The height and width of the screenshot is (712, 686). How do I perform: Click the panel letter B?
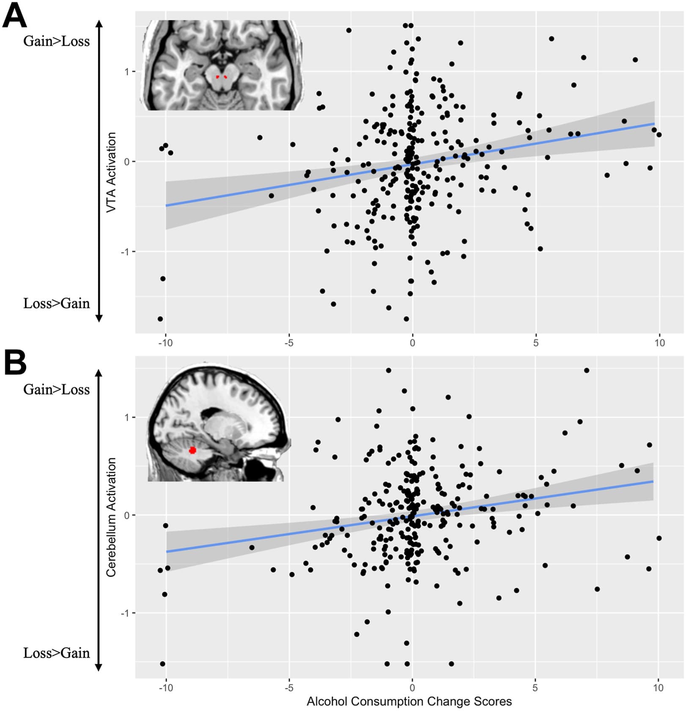(x=15, y=363)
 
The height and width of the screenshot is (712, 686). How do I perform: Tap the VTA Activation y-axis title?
(x=111, y=172)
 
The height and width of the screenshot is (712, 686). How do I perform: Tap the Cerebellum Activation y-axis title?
(x=111, y=517)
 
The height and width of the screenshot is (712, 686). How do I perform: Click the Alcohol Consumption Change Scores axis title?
(x=409, y=701)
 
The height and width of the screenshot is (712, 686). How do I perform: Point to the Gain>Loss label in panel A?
(x=56, y=41)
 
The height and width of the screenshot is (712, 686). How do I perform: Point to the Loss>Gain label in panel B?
(x=56, y=653)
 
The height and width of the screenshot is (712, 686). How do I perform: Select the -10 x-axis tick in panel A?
(x=165, y=343)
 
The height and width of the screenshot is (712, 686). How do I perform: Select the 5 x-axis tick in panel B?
(x=535, y=687)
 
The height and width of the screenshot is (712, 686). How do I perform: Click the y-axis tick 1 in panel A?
(x=127, y=72)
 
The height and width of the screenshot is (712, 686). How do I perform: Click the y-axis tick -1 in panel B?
(x=125, y=613)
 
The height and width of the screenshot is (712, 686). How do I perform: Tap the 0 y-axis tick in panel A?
(x=127, y=162)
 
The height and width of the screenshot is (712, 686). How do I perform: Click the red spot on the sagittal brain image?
(x=192, y=450)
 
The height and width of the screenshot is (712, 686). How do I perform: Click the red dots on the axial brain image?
(x=221, y=77)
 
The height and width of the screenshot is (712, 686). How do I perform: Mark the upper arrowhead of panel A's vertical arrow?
(x=99, y=23)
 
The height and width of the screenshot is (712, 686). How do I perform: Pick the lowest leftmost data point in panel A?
(x=160, y=319)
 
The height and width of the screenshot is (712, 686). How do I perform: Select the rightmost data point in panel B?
(x=659, y=538)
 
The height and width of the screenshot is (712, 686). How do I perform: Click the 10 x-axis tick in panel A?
(x=659, y=343)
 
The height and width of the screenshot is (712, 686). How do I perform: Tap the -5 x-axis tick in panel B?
(x=289, y=687)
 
